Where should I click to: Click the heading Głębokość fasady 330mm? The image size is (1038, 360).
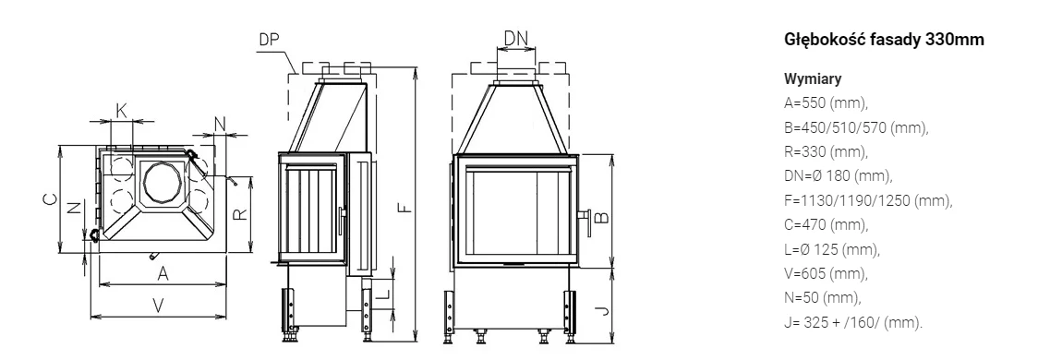tap(884, 41)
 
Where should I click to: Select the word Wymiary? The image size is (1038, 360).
tap(813, 79)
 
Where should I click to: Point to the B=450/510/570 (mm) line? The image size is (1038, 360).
tap(857, 127)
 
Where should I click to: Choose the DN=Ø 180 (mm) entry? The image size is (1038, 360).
tap(839, 176)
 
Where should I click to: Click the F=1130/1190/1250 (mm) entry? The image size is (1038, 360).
tap(868, 200)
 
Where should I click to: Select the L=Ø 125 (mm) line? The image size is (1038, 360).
tap(832, 249)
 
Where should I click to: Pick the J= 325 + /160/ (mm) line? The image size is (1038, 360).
tap(853, 323)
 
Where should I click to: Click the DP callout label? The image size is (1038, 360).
tap(269, 40)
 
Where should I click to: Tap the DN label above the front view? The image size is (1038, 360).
tap(516, 39)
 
